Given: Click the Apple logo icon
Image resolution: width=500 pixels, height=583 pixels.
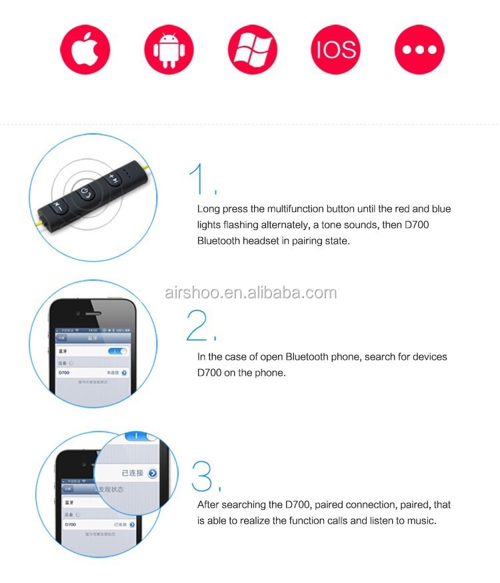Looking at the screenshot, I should pos(85,49).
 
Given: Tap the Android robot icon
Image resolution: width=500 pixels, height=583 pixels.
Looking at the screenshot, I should pos(168,49).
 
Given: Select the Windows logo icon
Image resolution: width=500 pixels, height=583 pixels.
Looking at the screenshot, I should pos(251,49).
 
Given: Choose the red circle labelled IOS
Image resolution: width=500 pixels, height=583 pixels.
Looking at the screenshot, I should pos(335,49).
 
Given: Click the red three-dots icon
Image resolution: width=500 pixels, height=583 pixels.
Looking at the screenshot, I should pos(419,49).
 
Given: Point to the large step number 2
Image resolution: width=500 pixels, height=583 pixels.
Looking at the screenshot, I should pos(201,326).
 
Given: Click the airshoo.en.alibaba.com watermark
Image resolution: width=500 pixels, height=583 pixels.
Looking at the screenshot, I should pos(250,292).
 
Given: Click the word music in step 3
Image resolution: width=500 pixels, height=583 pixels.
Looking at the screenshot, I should pos(423,520).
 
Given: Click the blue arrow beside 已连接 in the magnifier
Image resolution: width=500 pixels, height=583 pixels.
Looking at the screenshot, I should pos(153,473).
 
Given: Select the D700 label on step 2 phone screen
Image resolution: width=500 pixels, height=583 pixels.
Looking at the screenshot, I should pos(65,373).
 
